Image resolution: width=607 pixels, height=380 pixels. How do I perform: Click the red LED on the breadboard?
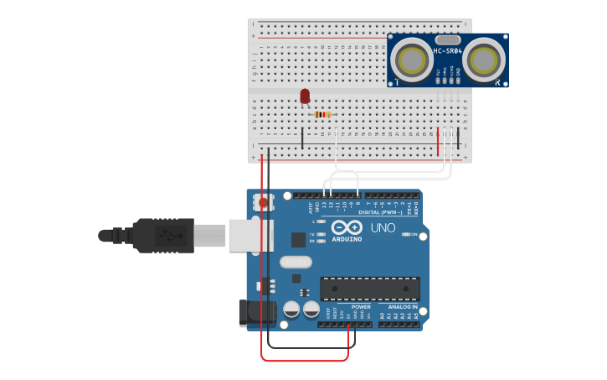point(305,96)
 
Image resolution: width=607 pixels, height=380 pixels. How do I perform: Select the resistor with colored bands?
point(322,115)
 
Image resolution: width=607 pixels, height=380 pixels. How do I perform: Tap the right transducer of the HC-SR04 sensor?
point(483,60)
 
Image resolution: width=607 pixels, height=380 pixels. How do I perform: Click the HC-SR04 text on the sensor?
point(447,51)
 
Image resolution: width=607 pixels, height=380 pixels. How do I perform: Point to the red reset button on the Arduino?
point(264,202)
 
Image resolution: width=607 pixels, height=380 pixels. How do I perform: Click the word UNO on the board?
point(383,227)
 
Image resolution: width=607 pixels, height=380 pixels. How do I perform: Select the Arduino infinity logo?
point(346,227)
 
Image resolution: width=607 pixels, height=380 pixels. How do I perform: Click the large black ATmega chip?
point(370,289)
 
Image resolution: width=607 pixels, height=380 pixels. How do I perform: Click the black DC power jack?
point(255,313)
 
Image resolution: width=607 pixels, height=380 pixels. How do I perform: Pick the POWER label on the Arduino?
point(361,307)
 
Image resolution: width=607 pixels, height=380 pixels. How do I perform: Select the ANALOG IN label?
point(402,307)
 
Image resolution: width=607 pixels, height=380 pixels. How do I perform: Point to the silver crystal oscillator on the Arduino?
point(296,262)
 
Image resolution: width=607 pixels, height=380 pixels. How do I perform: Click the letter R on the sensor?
point(497,82)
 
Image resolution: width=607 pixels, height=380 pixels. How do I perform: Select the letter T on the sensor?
point(396,82)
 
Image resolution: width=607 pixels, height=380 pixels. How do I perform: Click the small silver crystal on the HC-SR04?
point(448,39)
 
